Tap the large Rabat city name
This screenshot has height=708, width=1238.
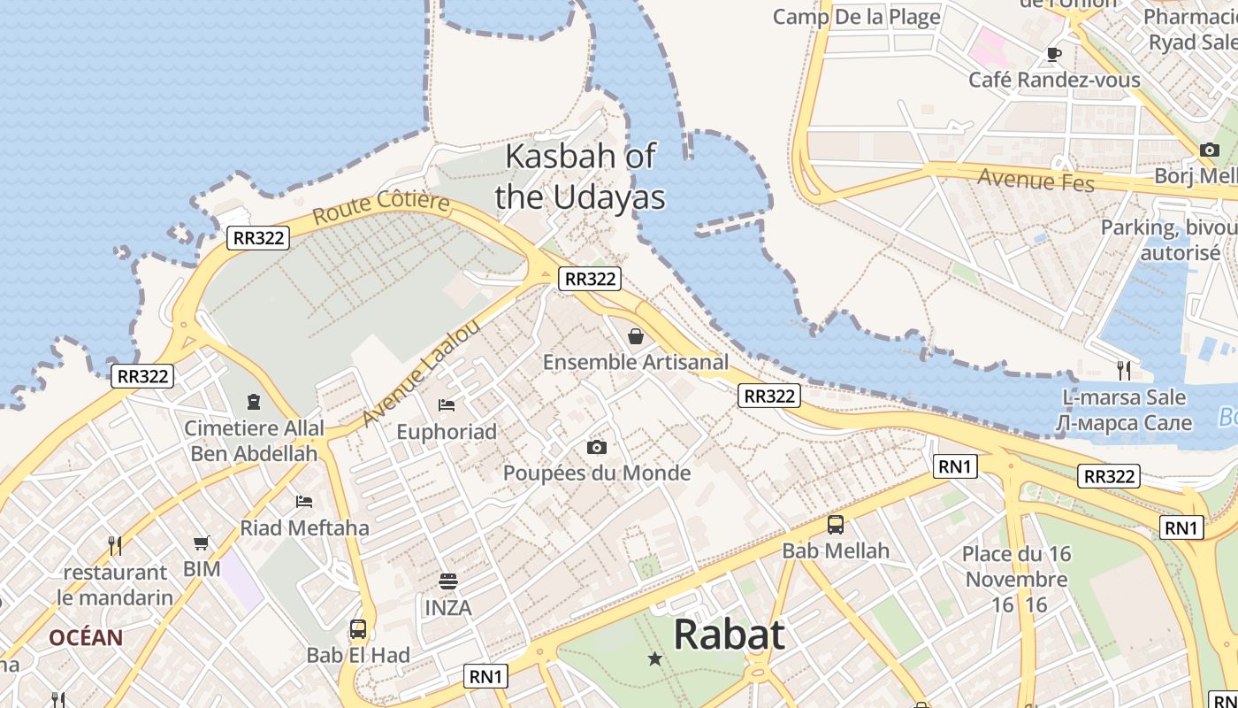click(x=729, y=635)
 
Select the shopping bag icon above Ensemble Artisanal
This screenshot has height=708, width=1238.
click(x=635, y=336)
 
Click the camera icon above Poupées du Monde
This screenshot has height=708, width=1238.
click(x=597, y=447)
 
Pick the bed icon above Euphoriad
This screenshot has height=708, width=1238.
click(x=447, y=405)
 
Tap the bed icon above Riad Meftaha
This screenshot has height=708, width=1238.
click(x=304, y=502)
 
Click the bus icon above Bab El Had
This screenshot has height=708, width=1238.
click(x=358, y=629)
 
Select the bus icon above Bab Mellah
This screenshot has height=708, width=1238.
click(x=836, y=525)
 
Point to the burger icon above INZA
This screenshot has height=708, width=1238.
click(x=448, y=581)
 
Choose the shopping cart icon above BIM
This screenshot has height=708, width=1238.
click(x=202, y=543)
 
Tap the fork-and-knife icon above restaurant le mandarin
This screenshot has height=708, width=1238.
click(x=115, y=545)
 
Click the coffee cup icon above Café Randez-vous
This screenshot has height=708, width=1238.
click(x=1054, y=54)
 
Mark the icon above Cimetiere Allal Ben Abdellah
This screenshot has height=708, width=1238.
click(x=254, y=402)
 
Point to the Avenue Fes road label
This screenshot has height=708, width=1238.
click(x=1035, y=181)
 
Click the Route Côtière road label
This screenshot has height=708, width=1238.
click(x=381, y=207)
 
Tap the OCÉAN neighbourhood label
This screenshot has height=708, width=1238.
click(x=86, y=637)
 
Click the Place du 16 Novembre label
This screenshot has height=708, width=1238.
click(x=1017, y=566)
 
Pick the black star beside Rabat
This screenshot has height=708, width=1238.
click(x=655, y=658)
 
